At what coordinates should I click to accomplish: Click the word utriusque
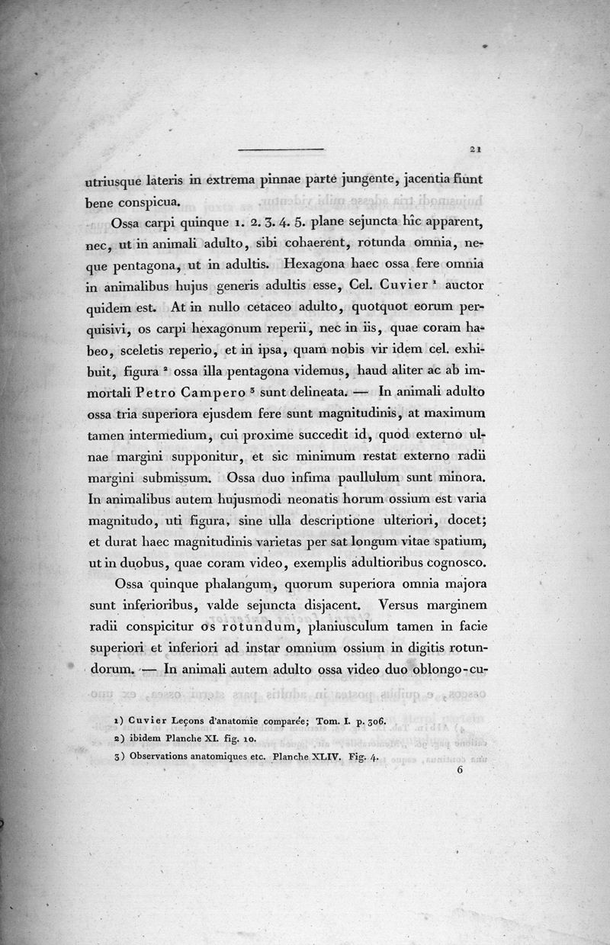118,182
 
